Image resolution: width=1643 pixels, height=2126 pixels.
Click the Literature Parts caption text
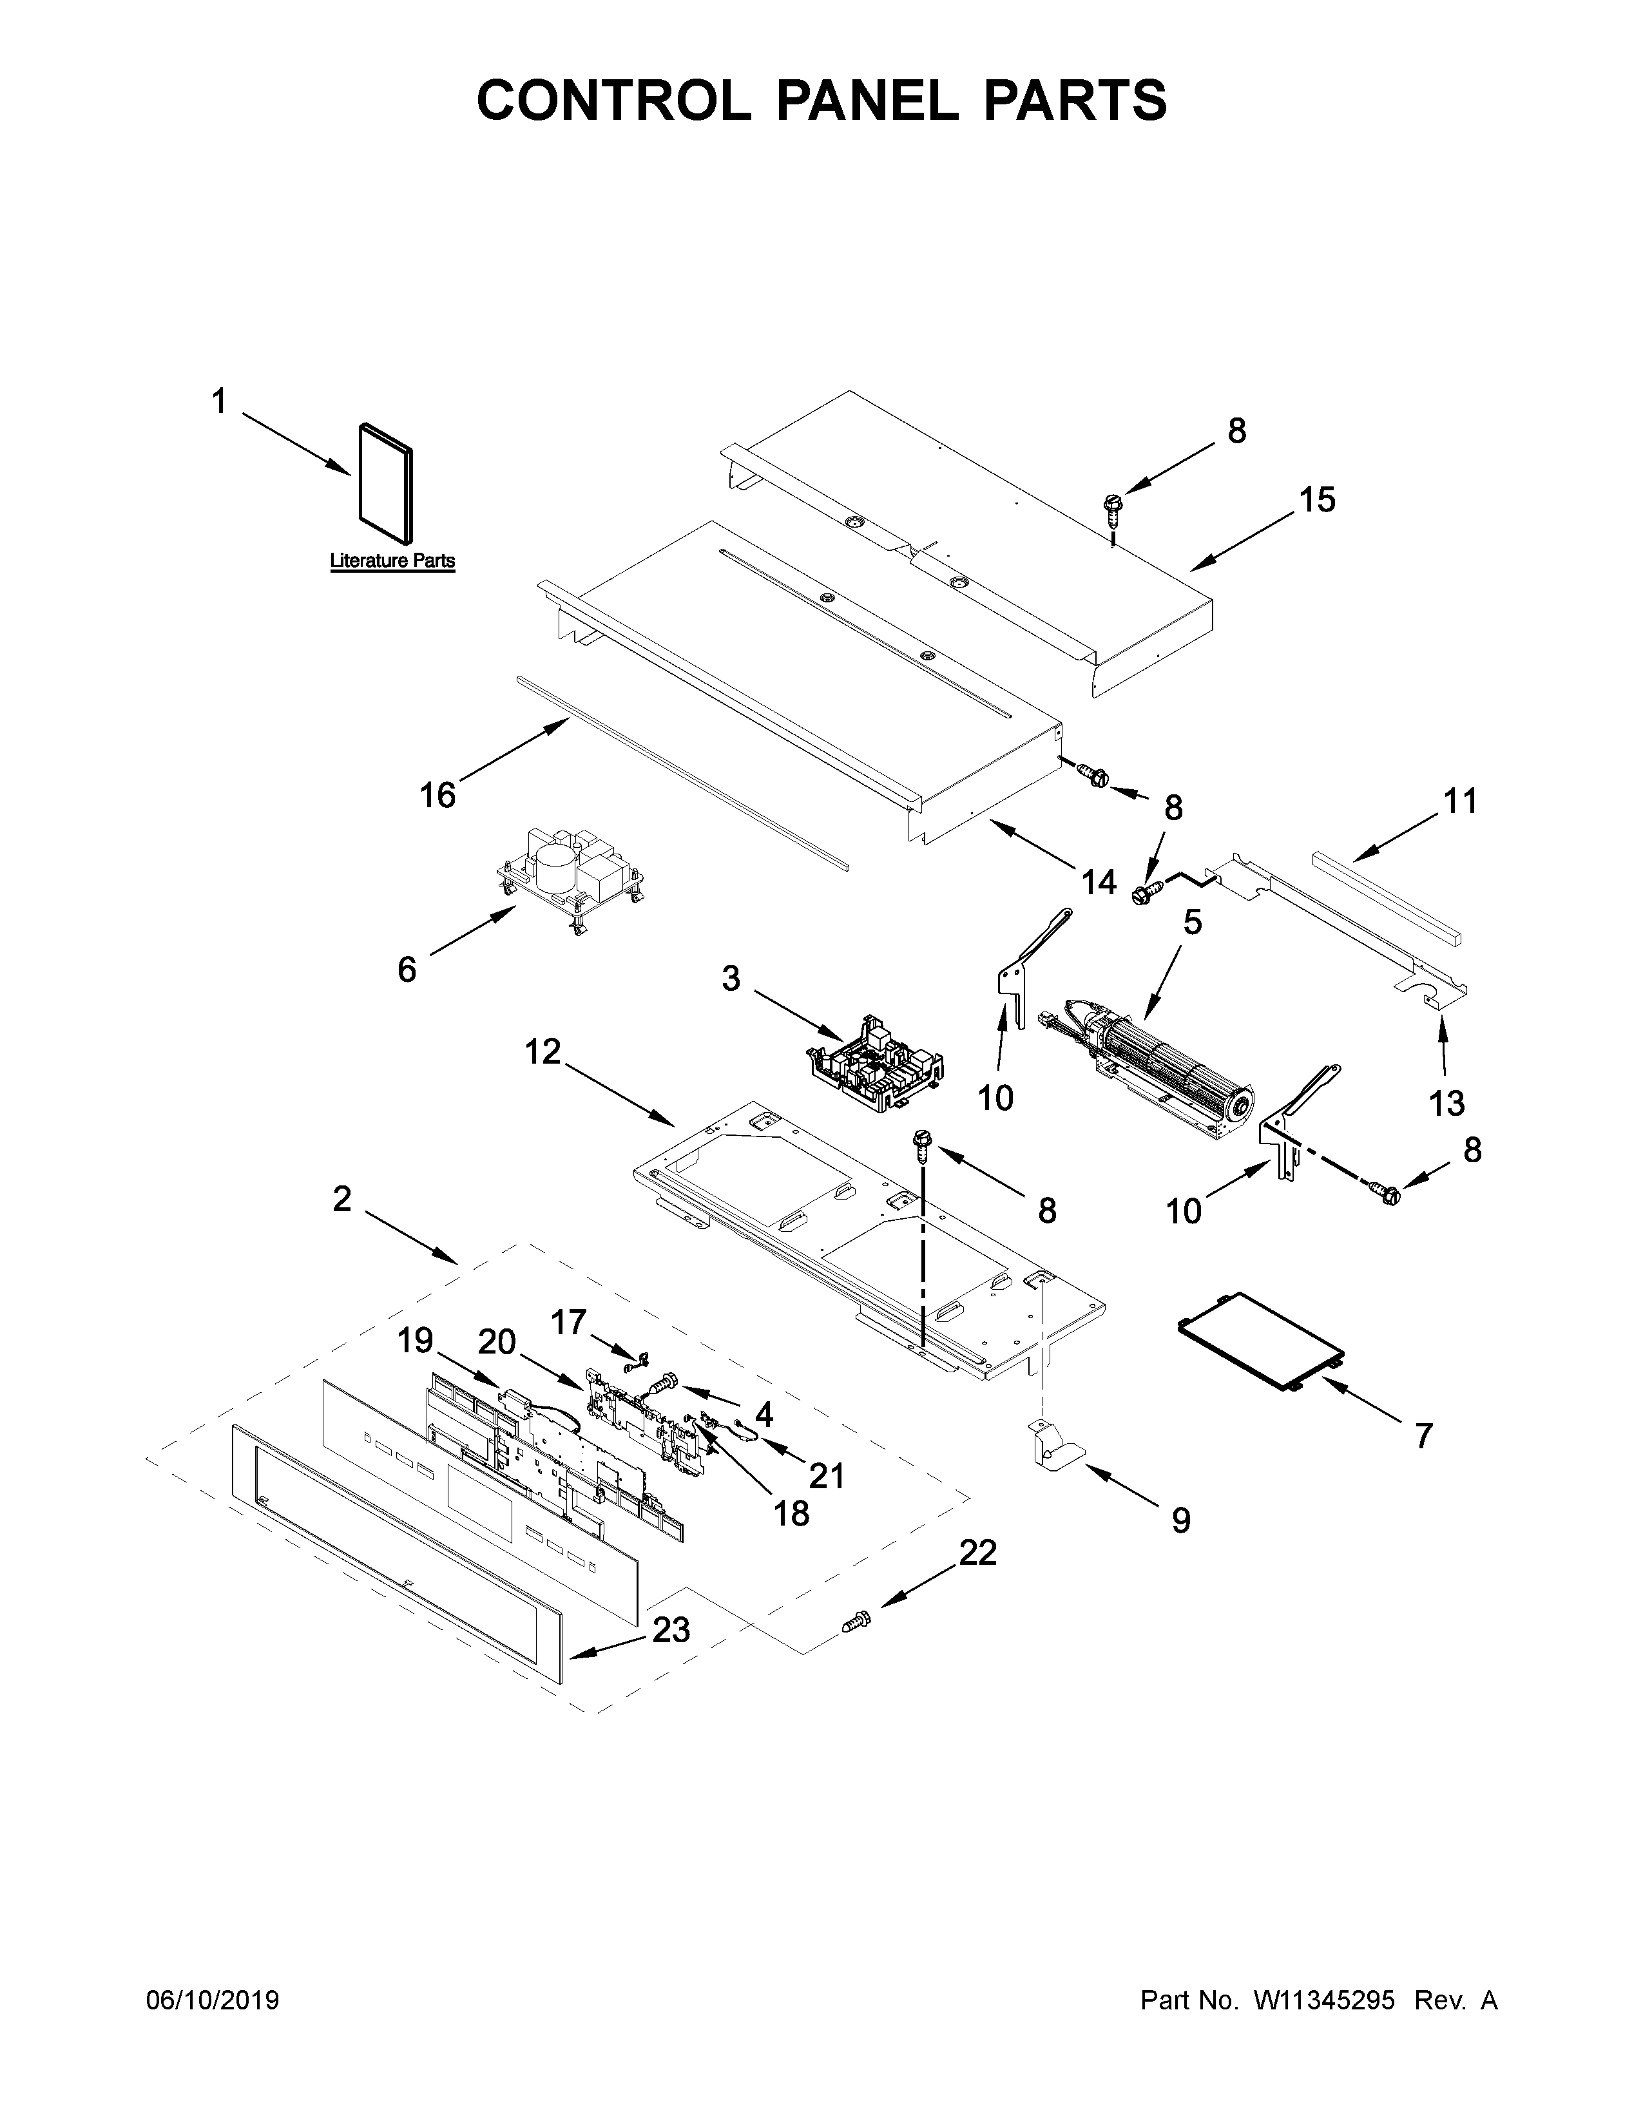point(392,560)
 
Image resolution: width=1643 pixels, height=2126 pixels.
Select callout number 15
point(1317,501)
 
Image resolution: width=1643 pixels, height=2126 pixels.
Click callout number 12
point(543,1051)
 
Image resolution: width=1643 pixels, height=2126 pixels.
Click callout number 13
point(1446,1103)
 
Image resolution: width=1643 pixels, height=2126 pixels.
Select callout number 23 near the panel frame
point(671,1629)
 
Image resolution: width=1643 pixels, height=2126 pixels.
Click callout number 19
point(415,1341)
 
